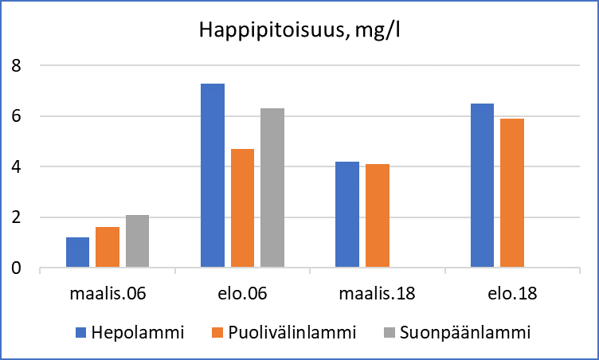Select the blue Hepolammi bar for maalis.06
(77, 252)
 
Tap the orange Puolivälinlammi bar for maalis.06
(108, 248)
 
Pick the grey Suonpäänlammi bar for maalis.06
(137, 241)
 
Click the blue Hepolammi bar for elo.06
(213, 176)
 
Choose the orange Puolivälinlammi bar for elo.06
(242, 209)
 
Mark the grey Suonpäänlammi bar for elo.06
(272, 188)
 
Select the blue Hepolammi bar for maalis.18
(347, 215)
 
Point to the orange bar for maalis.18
(377, 216)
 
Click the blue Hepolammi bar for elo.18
(482, 186)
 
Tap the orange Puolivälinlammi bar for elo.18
(511, 194)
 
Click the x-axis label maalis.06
(108, 293)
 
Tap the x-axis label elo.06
(242, 293)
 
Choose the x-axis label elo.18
(511, 293)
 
